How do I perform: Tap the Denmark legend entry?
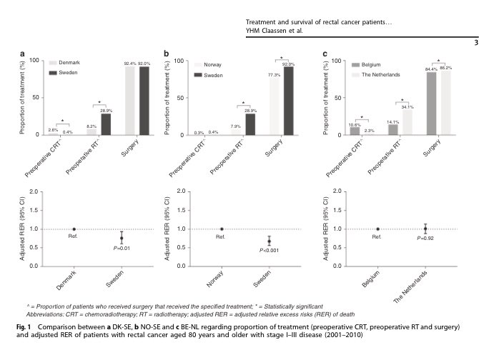(x=64, y=63)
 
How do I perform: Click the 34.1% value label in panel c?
(x=406, y=106)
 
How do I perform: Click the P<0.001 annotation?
(x=269, y=251)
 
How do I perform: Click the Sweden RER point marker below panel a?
(x=122, y=238)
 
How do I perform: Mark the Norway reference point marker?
(x=221, y=229)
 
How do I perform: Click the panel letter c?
(x=325, y=54)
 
